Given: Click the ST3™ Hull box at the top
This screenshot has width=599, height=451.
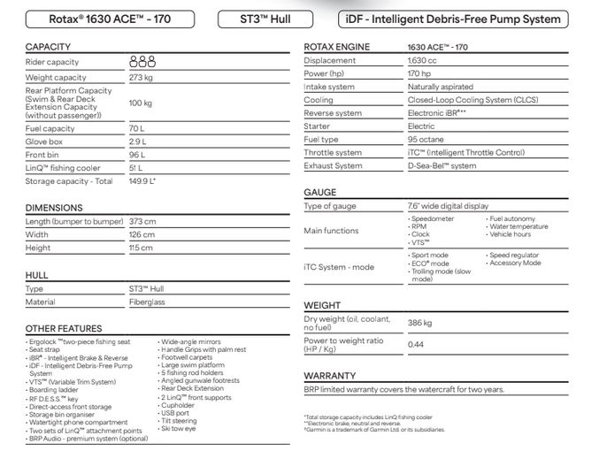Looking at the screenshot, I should (265, 18).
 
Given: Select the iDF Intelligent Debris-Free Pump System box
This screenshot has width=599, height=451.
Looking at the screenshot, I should (454, 18).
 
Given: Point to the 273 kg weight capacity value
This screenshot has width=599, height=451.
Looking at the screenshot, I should (142, 78).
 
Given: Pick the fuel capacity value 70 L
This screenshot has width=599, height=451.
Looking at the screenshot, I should (137, 128).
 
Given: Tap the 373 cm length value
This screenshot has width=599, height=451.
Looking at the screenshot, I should (142, 221).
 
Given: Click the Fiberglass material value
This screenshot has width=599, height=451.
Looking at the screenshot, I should (148, 302).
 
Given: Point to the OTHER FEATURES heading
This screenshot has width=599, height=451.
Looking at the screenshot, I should (64, 328).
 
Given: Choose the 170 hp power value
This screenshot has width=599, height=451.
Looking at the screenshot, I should (419, 73).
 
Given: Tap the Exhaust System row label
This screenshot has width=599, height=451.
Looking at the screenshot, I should (334, 165).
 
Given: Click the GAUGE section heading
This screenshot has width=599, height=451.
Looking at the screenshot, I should (319, 192).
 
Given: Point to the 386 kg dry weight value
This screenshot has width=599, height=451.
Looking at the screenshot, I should (421, 323).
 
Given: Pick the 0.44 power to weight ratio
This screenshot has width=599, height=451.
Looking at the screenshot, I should (417, 344).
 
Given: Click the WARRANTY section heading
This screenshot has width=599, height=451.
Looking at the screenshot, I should (330, 375).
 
